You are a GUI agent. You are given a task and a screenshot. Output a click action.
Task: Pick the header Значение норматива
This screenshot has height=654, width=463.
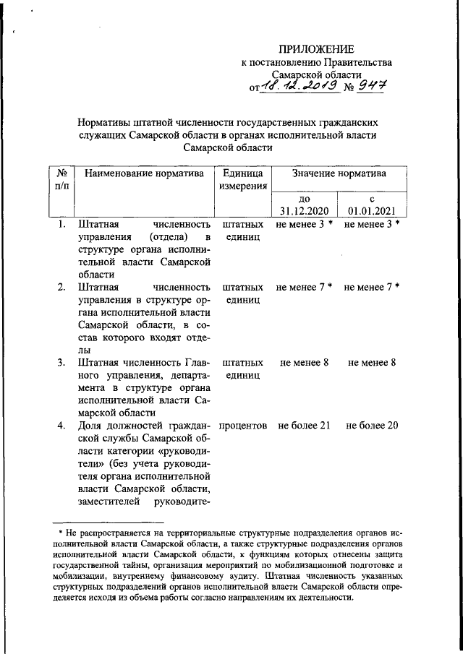coord(338,173)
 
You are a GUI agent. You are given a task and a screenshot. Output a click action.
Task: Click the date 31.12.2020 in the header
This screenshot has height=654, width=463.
coord(305,211)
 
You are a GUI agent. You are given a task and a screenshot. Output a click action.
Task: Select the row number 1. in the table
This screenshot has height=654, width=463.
coord(63,225)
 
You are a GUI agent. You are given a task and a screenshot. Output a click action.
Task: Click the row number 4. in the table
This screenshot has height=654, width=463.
coord(63,426)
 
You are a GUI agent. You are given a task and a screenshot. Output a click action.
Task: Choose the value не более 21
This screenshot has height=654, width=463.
coord(305,426)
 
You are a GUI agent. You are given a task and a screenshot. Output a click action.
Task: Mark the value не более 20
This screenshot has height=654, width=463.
coord(372,426)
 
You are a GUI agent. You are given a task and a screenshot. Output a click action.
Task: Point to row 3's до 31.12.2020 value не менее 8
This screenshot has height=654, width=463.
coord(305,362)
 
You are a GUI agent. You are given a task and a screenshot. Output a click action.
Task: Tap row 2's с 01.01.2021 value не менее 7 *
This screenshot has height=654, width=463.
coord(372,287)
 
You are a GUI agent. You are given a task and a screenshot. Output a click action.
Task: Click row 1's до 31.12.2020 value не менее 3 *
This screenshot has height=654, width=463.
coord(305,225)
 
